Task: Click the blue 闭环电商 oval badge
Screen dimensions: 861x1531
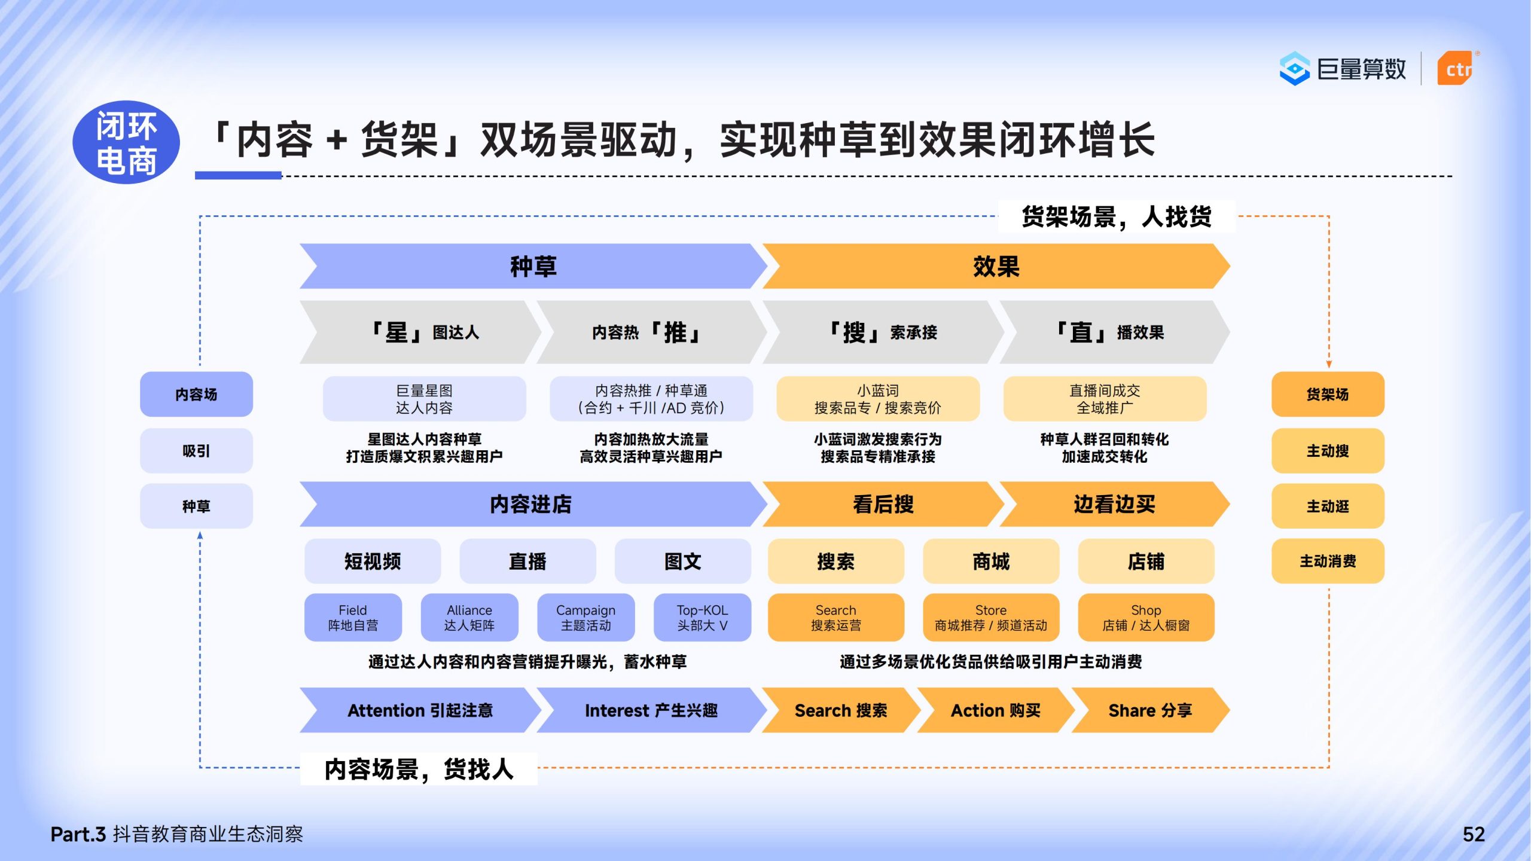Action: pyautogui.click(x=126, y=142)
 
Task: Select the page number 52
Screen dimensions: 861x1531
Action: pyautogui.click(x=1474, y=834)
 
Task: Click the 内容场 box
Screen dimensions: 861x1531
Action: pyautogui.click(x=196, y=394)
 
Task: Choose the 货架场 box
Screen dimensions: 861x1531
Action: pyautogui.click(x=1328, y=394)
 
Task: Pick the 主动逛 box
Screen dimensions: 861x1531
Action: pyautogui.click(x=1328, y=506)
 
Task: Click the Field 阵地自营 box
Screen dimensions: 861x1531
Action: pyautogui.click(x=353, y=618)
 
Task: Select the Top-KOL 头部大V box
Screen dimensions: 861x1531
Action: pyautogui.click(x=702, y=618)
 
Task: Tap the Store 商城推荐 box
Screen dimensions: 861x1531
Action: pyautogui.click(x=991, y=618)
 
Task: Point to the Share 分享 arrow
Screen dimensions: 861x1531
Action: pyautogui.click(x=1149, y=710)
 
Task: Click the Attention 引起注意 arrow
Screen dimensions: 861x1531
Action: pyautogui.click(x=420, y=710)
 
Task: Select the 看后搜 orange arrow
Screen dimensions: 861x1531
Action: pyautogui.click(x=883, y=505)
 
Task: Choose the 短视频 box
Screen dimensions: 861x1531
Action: pyautogui.click(x=373, y=561)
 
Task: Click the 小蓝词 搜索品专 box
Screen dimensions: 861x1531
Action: pyautogui.click(x=877, y=399)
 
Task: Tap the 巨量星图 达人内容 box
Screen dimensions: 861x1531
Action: pyautogui.click(x=424, y=399)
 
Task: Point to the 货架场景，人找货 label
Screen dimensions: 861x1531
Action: pyautogui.click(x=1116, y=216)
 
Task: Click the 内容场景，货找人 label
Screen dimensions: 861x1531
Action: pyautogui.click(x=419, y=769)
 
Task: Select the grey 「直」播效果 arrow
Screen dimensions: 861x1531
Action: pyautogui.click(x=1111, y=332)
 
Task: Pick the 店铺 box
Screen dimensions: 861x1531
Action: pyautogui.click(x=1146, y=561)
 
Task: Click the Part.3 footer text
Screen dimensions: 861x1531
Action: pyautogui.click(x=176, y=834)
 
